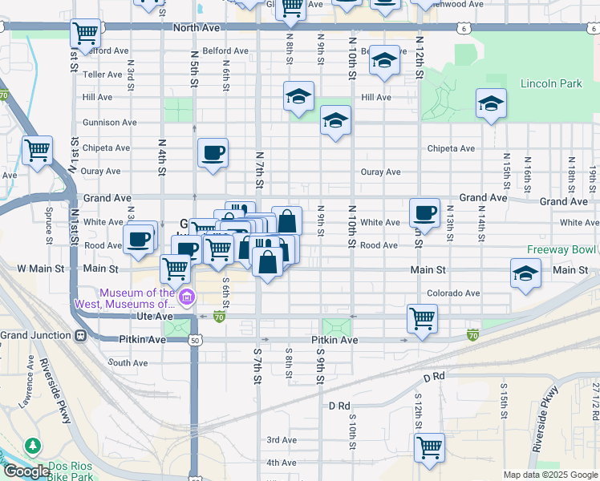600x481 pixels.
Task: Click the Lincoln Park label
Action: click(550, 83)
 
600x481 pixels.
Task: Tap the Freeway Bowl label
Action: click(562, 249)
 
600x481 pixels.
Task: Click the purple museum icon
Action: click(187, 298)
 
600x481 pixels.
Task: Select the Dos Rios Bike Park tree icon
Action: click(32, 445)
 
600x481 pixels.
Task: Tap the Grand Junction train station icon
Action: click(80, 334)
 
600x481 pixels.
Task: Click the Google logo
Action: click(26, 471)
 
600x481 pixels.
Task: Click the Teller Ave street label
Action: click(102, 74)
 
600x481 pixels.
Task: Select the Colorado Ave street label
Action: click(452, 293)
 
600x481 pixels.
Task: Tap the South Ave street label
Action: click(128, 363)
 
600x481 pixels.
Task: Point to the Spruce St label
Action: click(49, 216)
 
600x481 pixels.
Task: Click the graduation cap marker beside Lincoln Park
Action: click(491, 103)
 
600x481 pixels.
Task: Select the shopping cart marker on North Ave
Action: click(85, 34)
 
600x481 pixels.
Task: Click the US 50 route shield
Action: click(194, 341)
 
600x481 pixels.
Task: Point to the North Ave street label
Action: click(196, 27)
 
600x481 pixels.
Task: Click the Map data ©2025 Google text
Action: click(550, 475)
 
